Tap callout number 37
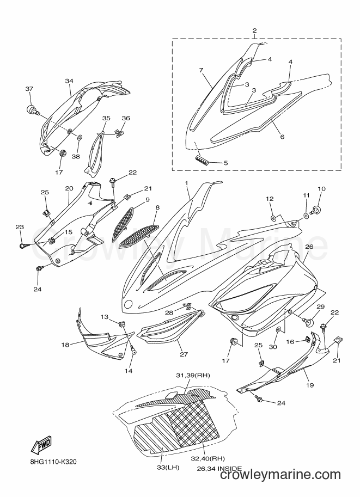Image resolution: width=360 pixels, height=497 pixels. (29, 89)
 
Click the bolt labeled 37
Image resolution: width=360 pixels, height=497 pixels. (32, 111)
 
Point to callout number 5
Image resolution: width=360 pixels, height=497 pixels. (225, 163)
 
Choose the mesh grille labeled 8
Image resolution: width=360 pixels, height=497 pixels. (138, 236)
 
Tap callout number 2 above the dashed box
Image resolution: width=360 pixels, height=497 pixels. (254, 30)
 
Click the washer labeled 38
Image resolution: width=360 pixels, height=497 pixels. (80, 137)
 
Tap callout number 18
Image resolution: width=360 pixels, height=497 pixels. (65, 345)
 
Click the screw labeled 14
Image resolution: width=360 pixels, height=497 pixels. (133, 351)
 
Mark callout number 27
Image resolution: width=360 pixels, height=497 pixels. (184, 354)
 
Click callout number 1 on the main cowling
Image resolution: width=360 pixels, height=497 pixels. (186, 183)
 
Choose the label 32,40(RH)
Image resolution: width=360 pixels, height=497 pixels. (208, 459)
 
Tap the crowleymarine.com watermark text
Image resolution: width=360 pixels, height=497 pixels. (280, 484)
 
